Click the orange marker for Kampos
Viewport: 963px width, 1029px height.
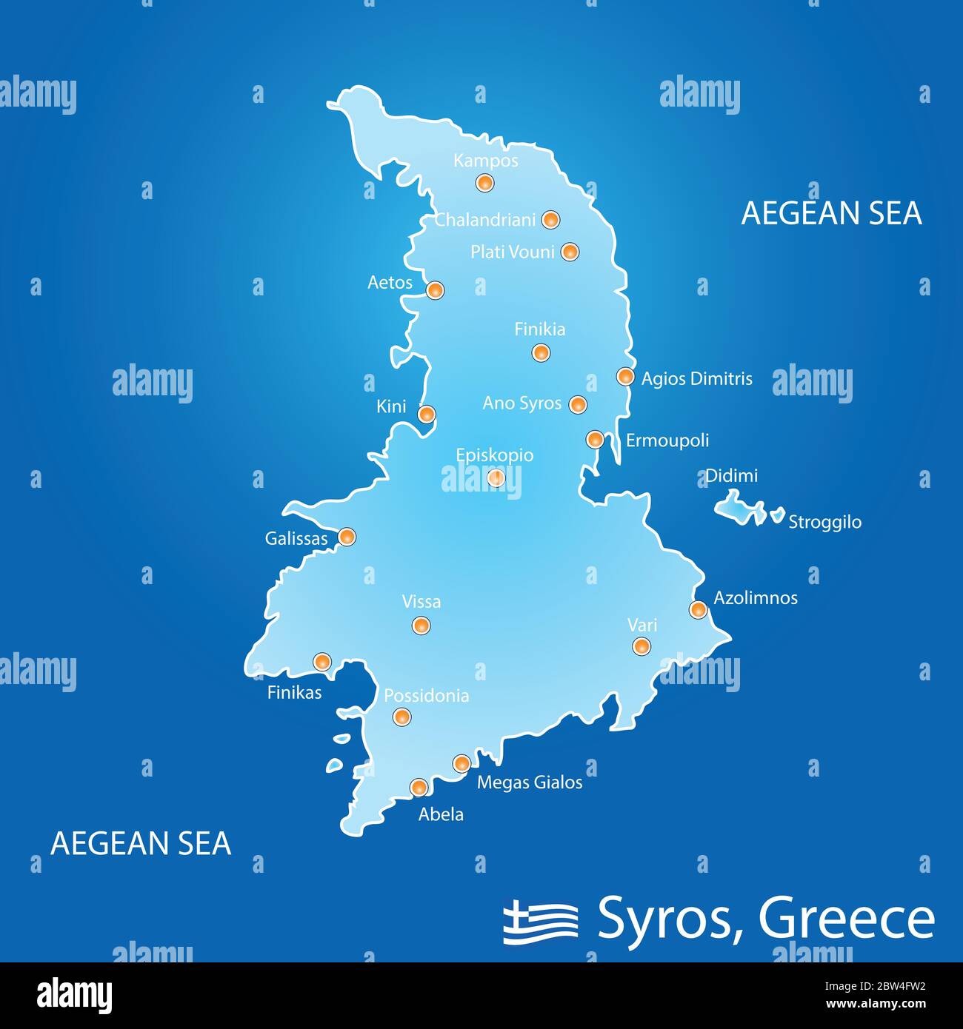[x=484, y=182]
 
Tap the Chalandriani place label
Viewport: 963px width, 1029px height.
[x=484, y=220]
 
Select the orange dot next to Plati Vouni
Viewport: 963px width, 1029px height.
[x=570, y=252]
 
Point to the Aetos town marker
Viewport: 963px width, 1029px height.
[x=436, y=290]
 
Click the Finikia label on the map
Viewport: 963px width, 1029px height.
[x=540, y=329]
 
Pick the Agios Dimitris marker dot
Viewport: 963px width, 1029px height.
[x=626, y=376]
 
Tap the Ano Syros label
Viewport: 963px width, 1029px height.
[x=522, y=403]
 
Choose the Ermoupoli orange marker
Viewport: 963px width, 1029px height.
[x=595, y=439]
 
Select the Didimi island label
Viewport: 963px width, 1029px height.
[x=731, y=475]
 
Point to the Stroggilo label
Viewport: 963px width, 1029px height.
[x=824, y=522]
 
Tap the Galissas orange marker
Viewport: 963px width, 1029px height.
[x=347, y=537]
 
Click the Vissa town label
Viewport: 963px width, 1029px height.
[x=421, y=602]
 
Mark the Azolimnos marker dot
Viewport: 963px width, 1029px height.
[x=698, y=609]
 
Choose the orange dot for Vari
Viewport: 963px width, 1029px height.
[x=642, y=646]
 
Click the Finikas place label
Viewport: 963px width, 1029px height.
[x=294, y=692]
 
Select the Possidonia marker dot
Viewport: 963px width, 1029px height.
[x=401, y=717]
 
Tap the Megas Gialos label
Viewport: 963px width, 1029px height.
[x=530, y=782]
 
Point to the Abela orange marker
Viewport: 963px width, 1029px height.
[x=419, y=787]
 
